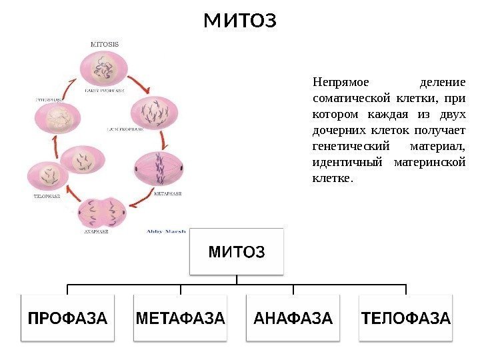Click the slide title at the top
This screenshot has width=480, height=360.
point(239,21)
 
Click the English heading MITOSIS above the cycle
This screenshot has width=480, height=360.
point(105,44)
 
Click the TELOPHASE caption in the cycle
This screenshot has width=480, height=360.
point(47,196)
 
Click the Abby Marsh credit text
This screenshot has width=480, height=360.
point(166,231)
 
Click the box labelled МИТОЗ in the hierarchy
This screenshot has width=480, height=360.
point(237,251)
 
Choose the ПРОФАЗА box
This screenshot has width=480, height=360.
point(67,318)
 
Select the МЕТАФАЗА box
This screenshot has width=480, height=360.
point(180,318)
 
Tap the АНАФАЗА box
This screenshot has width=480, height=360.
point(293,318)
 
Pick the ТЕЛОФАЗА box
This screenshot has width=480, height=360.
point(405,318)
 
